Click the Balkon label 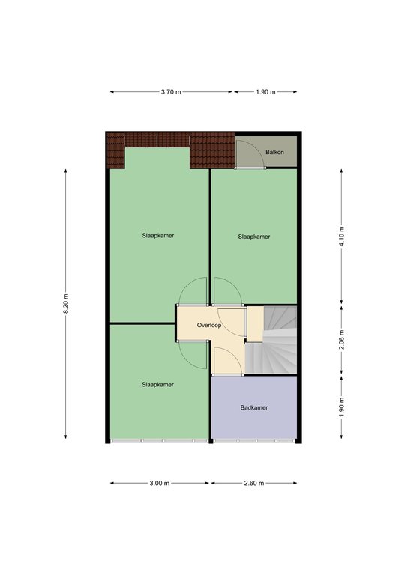tap(274, 152)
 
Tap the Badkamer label tap(254, 407)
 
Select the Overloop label tap(209, 325)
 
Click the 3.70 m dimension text tap(171, 92)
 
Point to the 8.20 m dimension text tap(66, 304)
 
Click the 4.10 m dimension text tap(342, 237)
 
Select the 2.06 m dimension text tap(342, 340)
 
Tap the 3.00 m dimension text tap(160, 484)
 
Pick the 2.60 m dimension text tap(254, 484)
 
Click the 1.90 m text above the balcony tap(265, 92)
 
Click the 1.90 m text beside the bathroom tap(342, 407)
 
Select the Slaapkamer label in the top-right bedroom tap(254, 237)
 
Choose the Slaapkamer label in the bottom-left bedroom tap(158, 385)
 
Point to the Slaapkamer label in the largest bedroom tap(158, 236)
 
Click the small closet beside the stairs tap(254, 324)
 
